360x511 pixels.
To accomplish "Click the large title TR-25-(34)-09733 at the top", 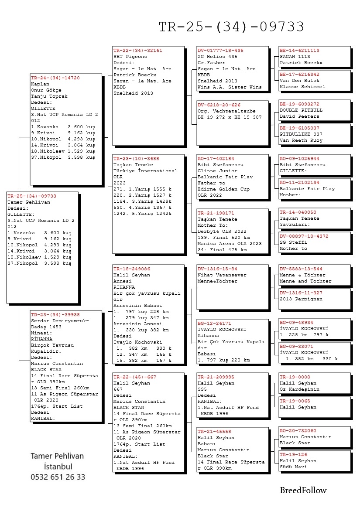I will [x=231, y=27].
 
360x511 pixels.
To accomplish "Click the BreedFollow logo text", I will [x=303, y=490].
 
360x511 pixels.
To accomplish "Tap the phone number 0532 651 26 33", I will [x=58, y=477].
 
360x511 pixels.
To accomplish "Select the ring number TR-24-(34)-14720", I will [x=49, y=78].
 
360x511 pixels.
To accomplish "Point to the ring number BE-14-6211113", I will [x=299, y=51].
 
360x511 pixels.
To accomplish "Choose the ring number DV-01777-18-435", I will [x=220, y=51].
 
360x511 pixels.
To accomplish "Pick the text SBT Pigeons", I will [x=130, y=57].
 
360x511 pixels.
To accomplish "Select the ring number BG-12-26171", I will [x=214, y=324].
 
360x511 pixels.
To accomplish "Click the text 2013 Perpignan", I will [x=301, y=299].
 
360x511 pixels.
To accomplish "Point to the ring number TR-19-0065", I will [x=295, y=401].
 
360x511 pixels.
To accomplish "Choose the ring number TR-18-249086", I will [x=132, y=269].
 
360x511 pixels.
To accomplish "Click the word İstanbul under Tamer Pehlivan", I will [x=58, y=467].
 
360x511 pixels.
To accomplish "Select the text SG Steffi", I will [x=293, y=242].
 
